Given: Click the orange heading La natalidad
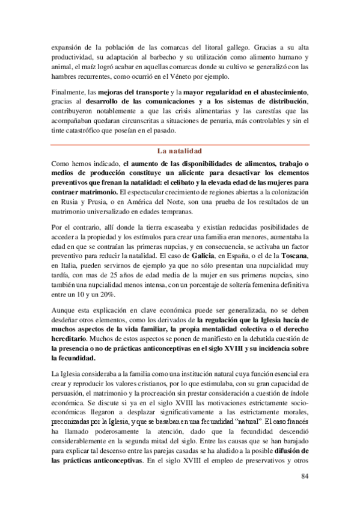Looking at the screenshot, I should [178, 151].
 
